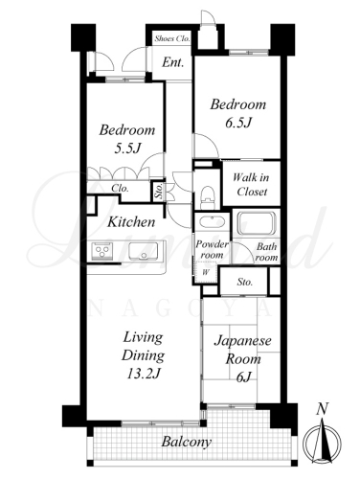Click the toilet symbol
[x=208, y=197]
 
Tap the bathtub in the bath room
[x=257, y=222]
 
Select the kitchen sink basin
[x=144, y=251]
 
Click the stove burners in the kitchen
[x=102, y=251]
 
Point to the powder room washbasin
[x=212, y=221]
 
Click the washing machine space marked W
[x=206, y=272]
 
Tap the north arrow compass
[x=323, y=443]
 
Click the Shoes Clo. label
[x=172, y=39]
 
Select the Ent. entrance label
[x=172, y=62]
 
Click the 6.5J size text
[x=239, y=123]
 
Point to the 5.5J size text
[x=127, y=148]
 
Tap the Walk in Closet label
[x=252, y=185]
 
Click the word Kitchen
[x=131, y=222]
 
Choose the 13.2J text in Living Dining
[x=144, y=374]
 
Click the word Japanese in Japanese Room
[x=242, y=341]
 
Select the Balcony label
[x=187, y=443]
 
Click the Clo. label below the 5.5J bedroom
[x=120, y=189]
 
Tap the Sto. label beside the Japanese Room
[x=244, y=283]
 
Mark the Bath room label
[x=267, y=252]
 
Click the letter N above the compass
[x=323, y=409]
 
